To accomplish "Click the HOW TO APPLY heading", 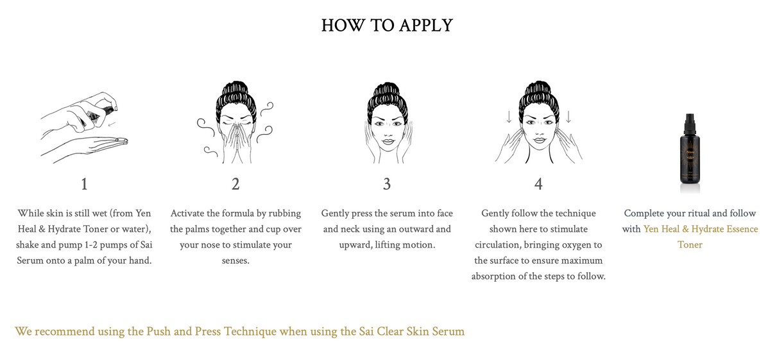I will [x=386, y=25].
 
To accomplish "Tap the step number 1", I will [x=84, y=184].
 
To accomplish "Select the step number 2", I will [x=235, y=184].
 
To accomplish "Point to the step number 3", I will [x=386, y=184].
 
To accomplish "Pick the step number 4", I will [x=538, y=184].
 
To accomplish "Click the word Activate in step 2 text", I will [x=191, y=213].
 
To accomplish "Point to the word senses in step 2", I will [x=235, y=261].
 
